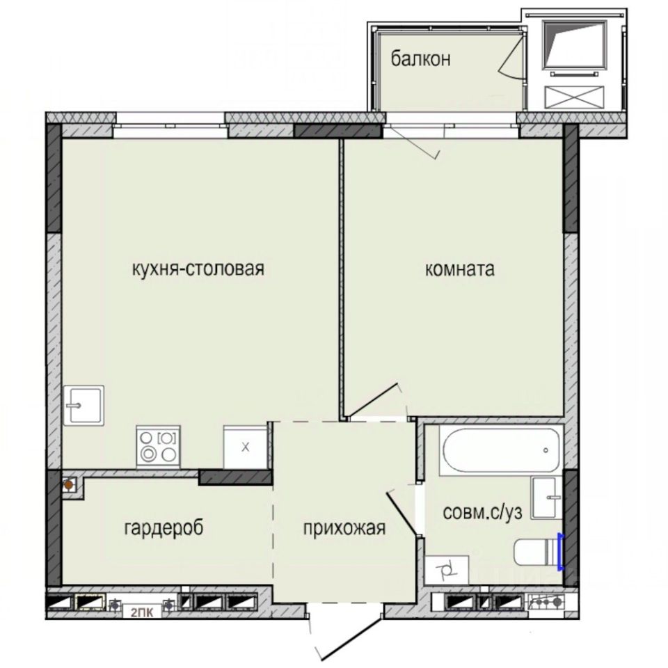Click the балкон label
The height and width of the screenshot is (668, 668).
420,59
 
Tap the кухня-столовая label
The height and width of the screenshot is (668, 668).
198,269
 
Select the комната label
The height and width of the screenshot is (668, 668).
459,269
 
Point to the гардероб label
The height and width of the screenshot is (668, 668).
164,528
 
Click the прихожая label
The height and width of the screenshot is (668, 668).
344,529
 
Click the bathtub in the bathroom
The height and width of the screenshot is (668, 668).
500,450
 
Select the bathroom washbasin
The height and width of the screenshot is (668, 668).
547,497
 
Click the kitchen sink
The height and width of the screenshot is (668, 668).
83,405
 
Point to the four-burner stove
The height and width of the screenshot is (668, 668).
159,447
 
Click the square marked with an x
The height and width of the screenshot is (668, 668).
244,447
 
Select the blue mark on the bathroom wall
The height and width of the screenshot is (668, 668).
561,550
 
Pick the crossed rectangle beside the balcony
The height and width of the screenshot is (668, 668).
575,97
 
